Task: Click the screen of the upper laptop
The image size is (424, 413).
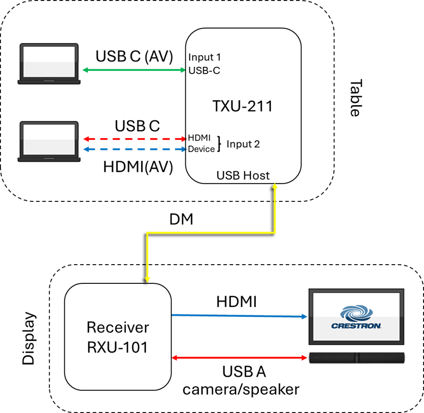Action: click(x=49, y=61)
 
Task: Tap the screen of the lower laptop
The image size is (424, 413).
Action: click(x=49, y=139)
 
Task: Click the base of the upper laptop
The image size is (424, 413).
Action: click(x=49, y=82)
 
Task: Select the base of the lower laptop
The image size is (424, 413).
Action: click(x=49, y=159)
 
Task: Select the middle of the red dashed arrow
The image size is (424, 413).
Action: click(x=135, y=139)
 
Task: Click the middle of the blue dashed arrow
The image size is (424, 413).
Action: click(x=135, y=149)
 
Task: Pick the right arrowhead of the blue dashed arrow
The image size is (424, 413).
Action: click(x=184, y=149)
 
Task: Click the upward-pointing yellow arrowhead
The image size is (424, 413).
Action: click(x=275, y=186)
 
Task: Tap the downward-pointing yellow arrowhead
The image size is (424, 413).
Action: click(x=147, y=279)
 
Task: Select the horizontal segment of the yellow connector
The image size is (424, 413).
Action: click(x=211, y=233)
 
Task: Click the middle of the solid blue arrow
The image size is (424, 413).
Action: click(x=239, y=316)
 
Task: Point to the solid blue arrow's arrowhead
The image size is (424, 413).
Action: click(x=305, y=317)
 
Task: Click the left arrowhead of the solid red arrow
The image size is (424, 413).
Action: click(x=174, y=358)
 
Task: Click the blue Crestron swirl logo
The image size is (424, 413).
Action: click(x=356, y=313)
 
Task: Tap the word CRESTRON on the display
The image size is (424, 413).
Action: click(x=356, y=326)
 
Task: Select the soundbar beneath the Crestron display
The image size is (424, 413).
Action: click(x=356, y=358)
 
